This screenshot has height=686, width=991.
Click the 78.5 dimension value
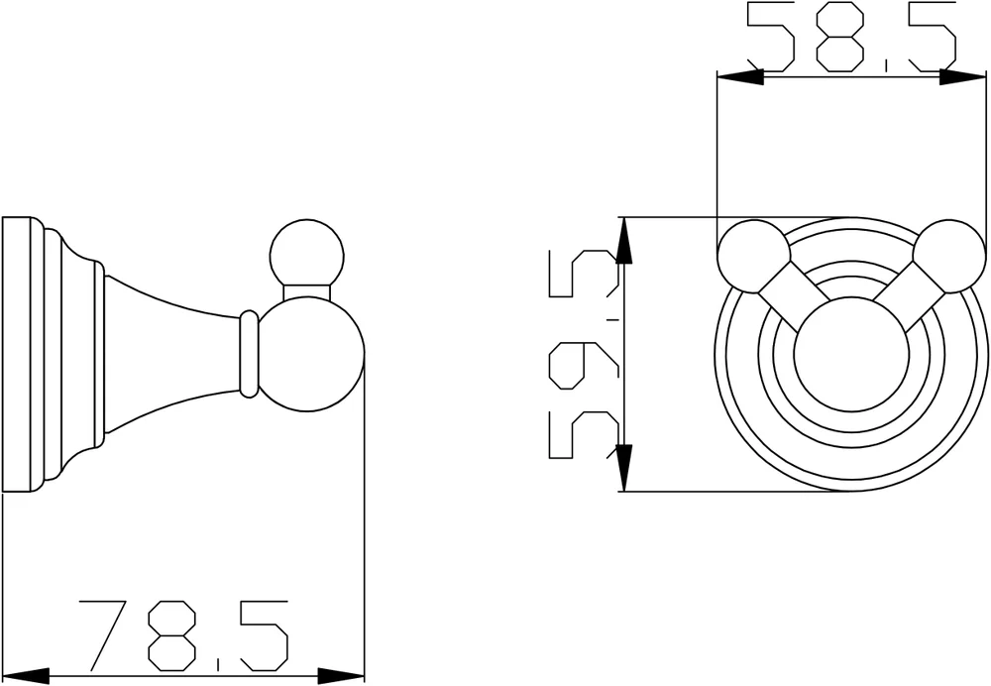pyautogui.click(x=183, y=636)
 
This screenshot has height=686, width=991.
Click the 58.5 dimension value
pyautogui.click(x=851, y=36)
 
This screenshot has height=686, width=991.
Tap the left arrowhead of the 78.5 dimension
pyautogui.click(x=26, y=676)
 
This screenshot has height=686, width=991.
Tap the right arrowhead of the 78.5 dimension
pyautogui.click(x=341, y=676)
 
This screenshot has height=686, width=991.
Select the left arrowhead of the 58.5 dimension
pyautogui.click(x=740, y=77)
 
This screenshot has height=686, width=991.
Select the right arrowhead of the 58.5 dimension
pyautogui.click(x=962, y=77)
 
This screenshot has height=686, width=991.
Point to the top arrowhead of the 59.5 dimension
pyautogui.click(x=623, y=240)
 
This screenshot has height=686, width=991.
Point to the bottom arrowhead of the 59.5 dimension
pyautogui.click(x=623, y=468)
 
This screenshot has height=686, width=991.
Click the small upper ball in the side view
pyautogui.click(x=307, y=257)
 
